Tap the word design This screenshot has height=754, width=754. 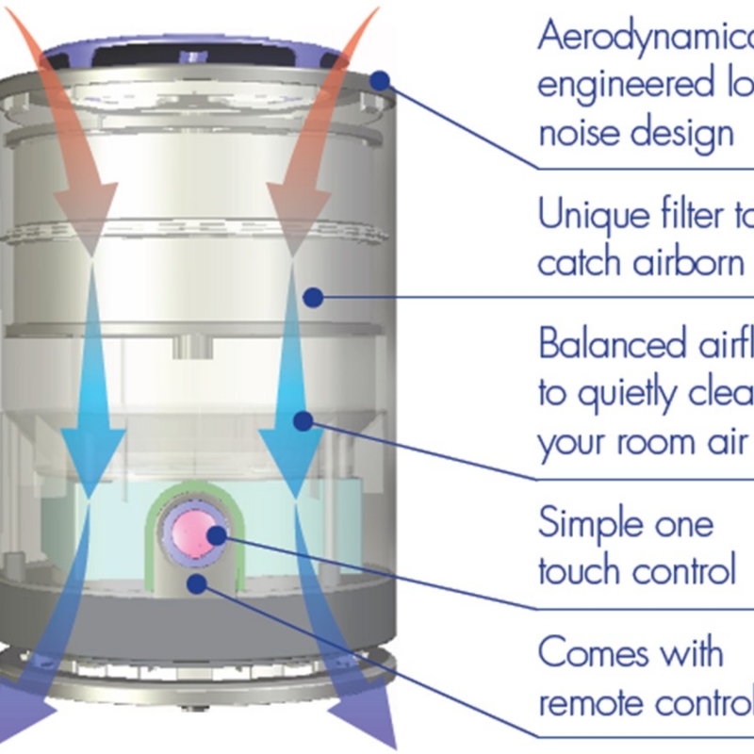[679, 132]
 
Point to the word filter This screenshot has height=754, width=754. [693, 215]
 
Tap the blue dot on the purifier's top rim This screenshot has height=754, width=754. [380, 81]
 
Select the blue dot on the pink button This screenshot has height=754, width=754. [217, 535]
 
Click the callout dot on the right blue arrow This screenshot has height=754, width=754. [302, 420]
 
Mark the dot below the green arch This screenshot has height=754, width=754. [196, 583]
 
